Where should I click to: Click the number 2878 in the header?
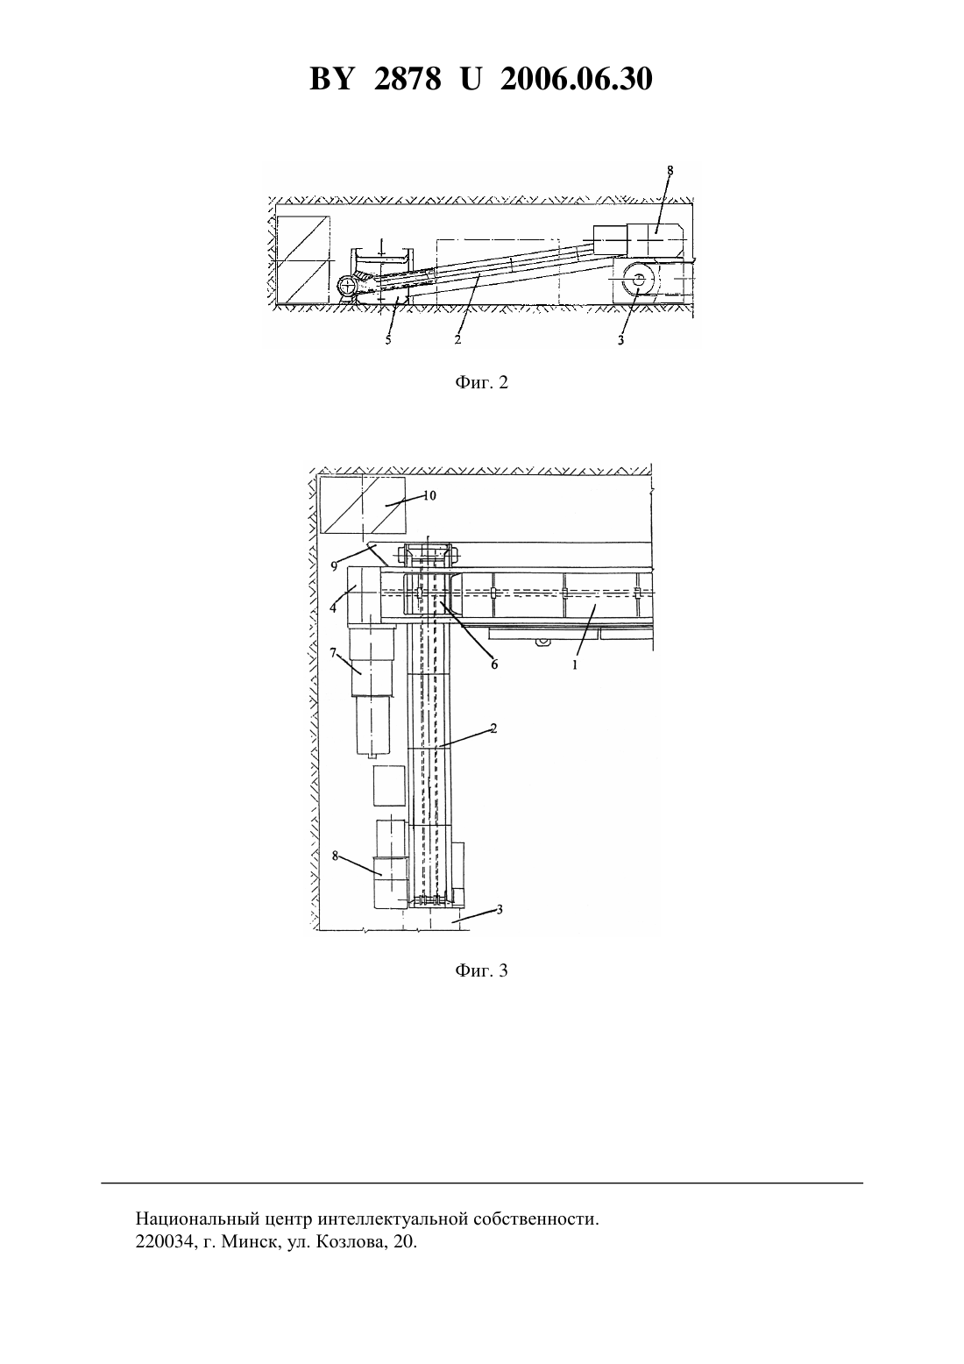(x=408, y=79)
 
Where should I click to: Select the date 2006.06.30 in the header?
(x=577, y=79)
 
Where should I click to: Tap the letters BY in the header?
(x=331, y=79)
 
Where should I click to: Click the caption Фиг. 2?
(x=481, y=382)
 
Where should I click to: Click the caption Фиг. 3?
(x=481, y=970)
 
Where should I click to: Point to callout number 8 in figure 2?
(x=670, y=170)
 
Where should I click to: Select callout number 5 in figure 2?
(x=388, y=340)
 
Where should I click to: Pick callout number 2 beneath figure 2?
(x=457, y=339)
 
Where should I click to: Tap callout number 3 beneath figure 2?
(x=620, y=340)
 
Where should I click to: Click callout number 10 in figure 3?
(x=429, y=495)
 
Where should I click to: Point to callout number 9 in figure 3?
(x=334, y=566)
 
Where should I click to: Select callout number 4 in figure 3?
(x=333, y=607)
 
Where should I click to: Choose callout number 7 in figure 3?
(x=333, y=653)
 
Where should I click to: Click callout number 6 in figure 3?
(x=494, y=664)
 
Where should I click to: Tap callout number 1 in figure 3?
(x=575, y=665)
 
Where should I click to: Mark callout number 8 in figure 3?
(x=335, y=856)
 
